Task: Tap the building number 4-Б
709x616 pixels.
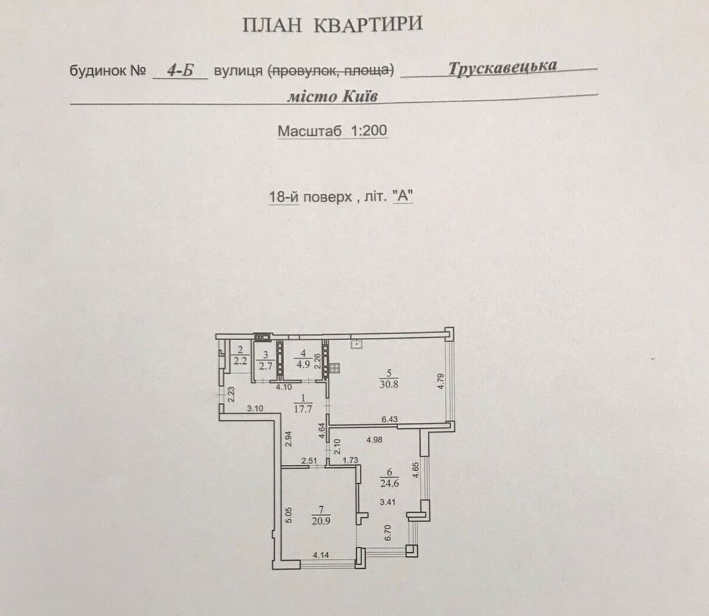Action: pos(180,71)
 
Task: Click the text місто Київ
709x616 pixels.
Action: pos(332,96)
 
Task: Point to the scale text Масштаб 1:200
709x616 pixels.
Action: pos(333,131)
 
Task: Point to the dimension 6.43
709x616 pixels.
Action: pos(390,419)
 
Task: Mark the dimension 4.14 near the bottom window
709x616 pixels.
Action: pos(320,555)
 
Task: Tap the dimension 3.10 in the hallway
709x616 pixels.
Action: pos(255,408)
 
